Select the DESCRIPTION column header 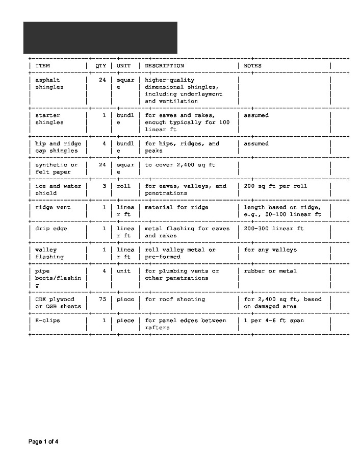[x=164, y=66]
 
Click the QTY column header [x=100, y=66]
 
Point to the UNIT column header [x=123, y=66]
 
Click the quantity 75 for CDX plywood [x=102, y=299]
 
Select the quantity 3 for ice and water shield [x=104, y=186]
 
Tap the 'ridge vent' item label [x=53, y=207]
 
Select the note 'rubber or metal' [x=270, y=271]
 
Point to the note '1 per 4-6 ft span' [x=274, y=321]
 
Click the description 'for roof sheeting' [x=175, y=299]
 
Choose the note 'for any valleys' [x=270, y=250]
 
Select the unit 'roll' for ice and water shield [x=123, y=186]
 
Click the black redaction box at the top [x=100, y=38]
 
